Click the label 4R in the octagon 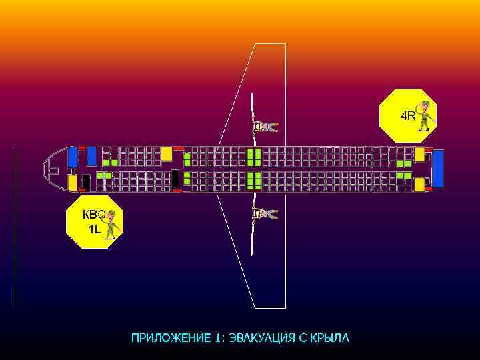[x=407, y=116]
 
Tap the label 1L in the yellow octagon [x=94, y=229]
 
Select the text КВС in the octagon [x=93, y=215]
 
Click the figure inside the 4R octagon [x=424, y=115]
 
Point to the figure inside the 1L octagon [x=111, y=224]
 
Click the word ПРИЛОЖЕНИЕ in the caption [x=171, y=338]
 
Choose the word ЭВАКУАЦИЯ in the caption [x=259, y=338]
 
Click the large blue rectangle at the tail [x=438, y=169]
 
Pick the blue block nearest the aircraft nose [x=72, y=157]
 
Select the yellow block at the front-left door [x=72, y=183]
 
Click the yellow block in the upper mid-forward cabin [x=167, y=154]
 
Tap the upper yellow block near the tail [x=419, y=154]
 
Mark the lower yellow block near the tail [x=419, y=184]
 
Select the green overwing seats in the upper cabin [x=254, y=157]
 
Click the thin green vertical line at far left [x=15, y=226]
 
